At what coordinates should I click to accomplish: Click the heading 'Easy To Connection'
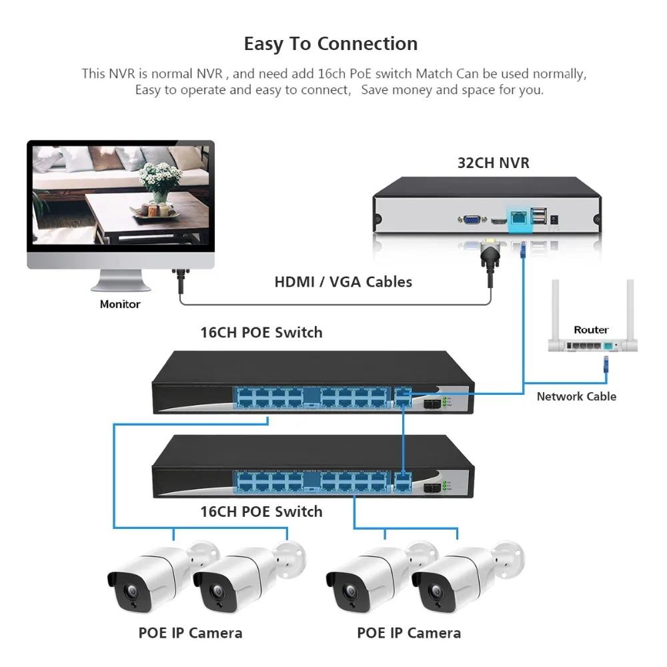(x=331, y=44)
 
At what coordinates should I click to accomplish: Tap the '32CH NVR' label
(x=493, y=163)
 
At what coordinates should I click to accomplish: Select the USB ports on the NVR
(x=537, y=215)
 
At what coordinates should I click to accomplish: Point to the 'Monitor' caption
(x=120, y=304)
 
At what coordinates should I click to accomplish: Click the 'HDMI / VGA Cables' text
(x=343, y=281)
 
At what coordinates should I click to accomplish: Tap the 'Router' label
(x=591, y=329)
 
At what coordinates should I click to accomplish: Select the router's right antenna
(x=630, y=307)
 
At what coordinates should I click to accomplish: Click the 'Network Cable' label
(x=576, y=396)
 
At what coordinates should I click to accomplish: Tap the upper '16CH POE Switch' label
(x=261, y=332)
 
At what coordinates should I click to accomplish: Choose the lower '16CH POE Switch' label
(x=261, y=512)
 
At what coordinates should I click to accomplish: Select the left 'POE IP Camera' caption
(x=190, y=633)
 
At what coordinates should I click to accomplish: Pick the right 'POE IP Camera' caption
(x=409, y=633)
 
